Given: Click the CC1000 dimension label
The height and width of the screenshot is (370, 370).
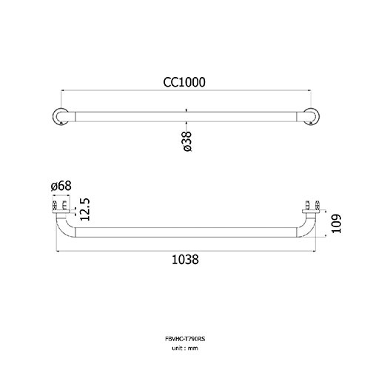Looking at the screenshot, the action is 184,82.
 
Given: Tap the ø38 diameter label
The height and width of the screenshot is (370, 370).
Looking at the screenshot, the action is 187,141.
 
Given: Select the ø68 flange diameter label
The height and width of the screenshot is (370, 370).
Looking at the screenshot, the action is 61,186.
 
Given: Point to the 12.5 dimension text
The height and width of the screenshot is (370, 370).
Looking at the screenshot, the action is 85,209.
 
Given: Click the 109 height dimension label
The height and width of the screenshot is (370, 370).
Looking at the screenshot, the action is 336,223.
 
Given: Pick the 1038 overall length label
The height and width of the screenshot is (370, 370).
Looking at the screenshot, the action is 185,260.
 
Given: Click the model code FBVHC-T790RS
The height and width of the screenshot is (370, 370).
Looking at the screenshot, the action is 185,339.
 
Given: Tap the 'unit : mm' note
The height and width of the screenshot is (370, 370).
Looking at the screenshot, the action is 185,349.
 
